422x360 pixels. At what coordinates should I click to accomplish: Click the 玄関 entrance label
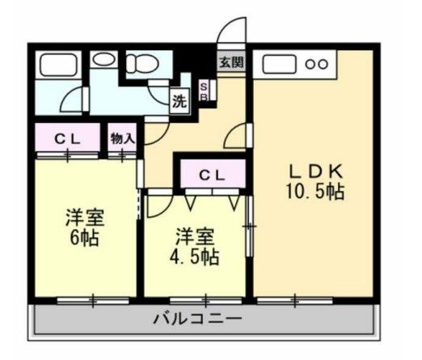click(x=232, y=61)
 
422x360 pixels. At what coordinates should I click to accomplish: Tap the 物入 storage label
click(x=122, y=138)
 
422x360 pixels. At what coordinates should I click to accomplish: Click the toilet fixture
click(x=146, y=62)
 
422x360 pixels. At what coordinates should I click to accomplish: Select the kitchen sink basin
click(x=279, y=63)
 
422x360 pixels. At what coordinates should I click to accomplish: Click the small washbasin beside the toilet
click(x=103, y=60)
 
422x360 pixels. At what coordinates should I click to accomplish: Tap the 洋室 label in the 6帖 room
click(x=84, y=218)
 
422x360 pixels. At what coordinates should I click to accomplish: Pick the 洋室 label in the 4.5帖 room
click(x=195, y=236)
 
